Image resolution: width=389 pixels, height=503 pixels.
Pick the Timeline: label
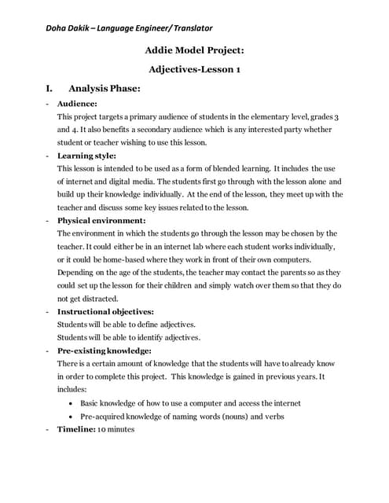[x=76, y=429]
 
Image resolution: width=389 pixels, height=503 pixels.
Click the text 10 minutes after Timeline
[x=116, y=429]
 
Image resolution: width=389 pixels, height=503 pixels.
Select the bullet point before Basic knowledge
[x=72, y=403]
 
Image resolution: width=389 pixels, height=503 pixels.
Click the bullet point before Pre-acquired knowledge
[x=72, y=417]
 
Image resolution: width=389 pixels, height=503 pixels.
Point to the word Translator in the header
[x=186, y=28]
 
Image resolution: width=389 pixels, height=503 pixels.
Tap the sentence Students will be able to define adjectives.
[x=127, y=325]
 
